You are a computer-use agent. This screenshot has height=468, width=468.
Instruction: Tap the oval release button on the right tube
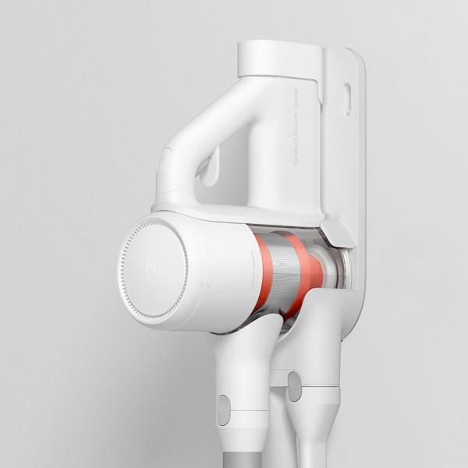tap(294, 386)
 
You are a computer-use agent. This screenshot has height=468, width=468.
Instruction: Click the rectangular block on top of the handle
tap(279, 58)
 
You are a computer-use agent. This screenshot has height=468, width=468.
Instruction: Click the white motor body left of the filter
tap(218, 269)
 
